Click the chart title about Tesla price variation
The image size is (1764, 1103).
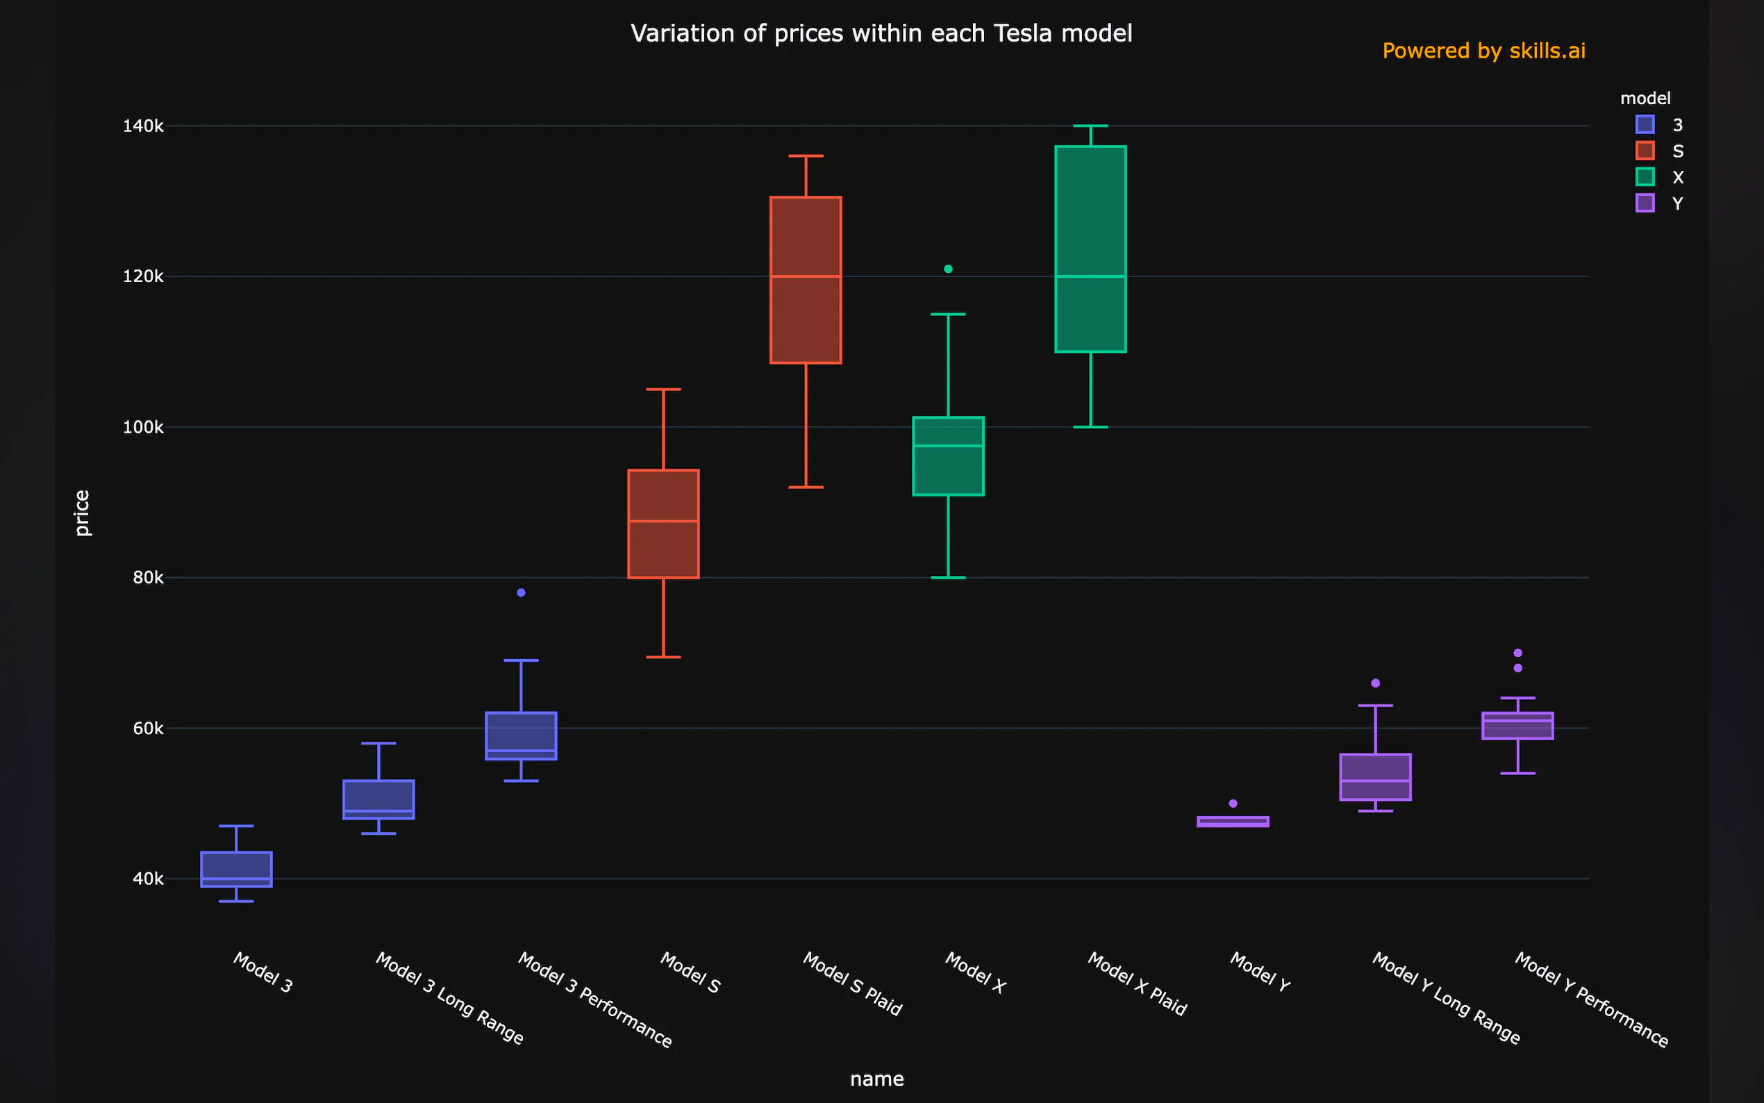pyautogui.click(x=881, y=33)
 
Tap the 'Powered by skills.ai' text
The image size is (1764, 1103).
pyautogui.click(x=1483, y=51)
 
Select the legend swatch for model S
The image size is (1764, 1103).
pyautogui.click(x=1645, y=151)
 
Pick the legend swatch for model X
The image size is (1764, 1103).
pyautogui.click(x=1645, y=177)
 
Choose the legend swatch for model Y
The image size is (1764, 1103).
pyautogui.click(x=1645, y=204)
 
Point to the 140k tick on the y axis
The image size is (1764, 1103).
pyautogui.click(x=143, y=126)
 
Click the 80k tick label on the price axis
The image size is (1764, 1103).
pyautogui.click(x=148, y=578)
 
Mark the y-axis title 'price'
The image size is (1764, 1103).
pyautogui.click(x=82, y=513)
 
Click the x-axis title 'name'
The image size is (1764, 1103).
pyautogui.click(x=876, y=1079)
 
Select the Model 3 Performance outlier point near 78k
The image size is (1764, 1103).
pyautogui.click(x=522, y=593)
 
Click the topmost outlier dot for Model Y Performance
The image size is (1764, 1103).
pyautogui.click(x=1517, y=653)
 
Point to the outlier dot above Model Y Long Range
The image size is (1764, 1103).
pyautogui.click(x=1375, y=683)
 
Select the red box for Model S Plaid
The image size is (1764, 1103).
pyautogui.click(x=806, y=280)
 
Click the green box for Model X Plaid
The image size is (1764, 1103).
pyautogui.click(x=1090, y=249)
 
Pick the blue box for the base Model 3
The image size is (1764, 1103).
pyautogui.click(x=236, y=870)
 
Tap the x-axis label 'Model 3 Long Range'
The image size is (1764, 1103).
pyautogui.click(x=449, y=997)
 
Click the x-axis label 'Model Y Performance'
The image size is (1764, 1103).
pyautogui.click(x=1591, y=999)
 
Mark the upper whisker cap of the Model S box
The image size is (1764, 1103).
pyautogui.click(x=664, y=390)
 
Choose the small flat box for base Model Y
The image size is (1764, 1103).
pyautogui.click(x=1233, y=822)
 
